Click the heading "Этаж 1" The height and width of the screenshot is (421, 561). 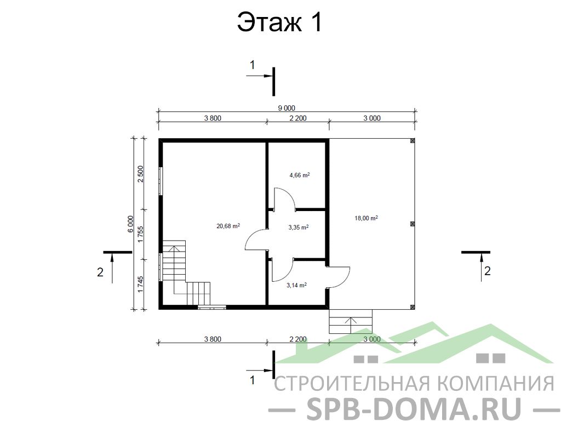[280, 22]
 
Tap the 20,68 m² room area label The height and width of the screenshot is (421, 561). [228, 226]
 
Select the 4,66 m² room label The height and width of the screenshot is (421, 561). [300, 175]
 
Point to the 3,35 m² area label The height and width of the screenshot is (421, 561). [299, 227]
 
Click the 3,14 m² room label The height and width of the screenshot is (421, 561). [296, 285]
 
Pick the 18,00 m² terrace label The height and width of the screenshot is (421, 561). [366, 218]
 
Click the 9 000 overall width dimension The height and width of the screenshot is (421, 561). [287, 108]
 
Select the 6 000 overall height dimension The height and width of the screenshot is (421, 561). [130, 224]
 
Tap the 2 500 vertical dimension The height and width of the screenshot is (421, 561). [140, 174]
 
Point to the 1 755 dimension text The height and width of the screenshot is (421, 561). [140, 234]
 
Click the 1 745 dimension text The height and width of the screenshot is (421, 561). [140, 285]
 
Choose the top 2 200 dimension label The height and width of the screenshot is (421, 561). [297, 118]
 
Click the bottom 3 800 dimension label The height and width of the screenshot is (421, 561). [213, 339]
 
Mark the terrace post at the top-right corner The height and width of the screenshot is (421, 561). [412, 141]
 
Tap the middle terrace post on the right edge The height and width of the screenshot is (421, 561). [412, 224]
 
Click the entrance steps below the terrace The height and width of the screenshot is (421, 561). [351, 321]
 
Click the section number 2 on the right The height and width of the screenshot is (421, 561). [487, 271]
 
